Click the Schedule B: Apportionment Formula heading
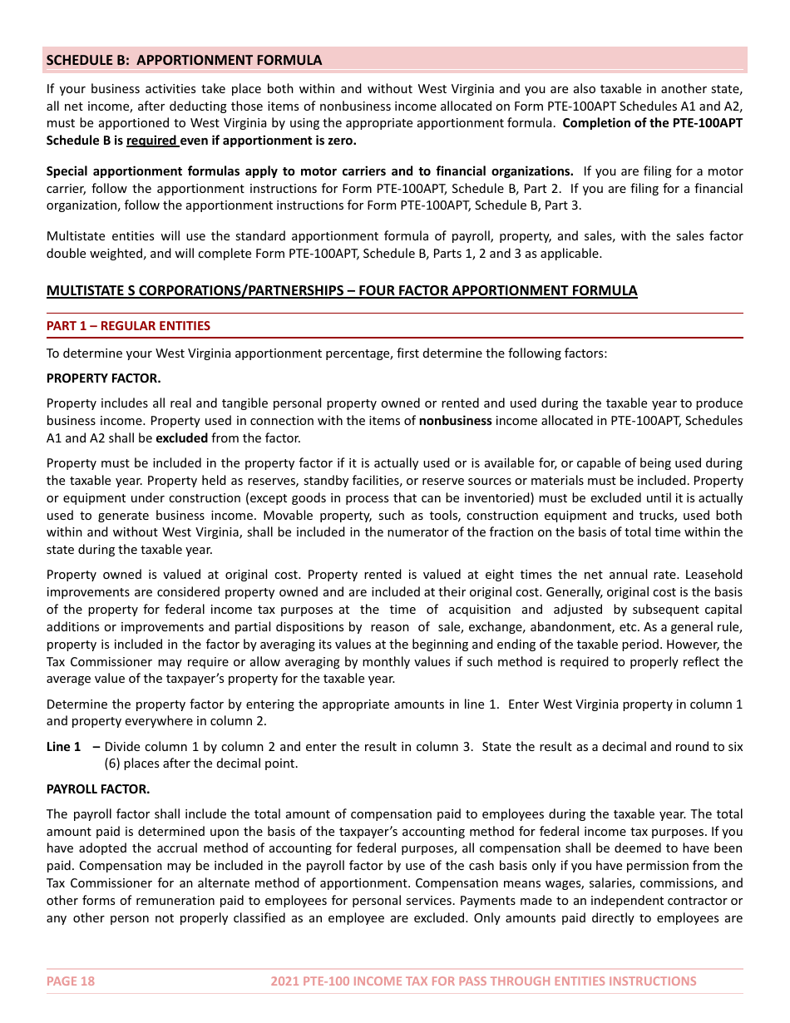tap(184, 60)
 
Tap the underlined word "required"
tap(151, 141)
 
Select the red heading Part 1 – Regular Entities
tap(128, 326)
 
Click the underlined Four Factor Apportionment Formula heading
tap(342, 290)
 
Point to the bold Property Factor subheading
tap(104, 378)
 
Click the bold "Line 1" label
tap(64, 746)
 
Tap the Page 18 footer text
tap(71, 981)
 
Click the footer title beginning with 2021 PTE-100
tap(483, 981)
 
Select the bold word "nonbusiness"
tap(456, 421)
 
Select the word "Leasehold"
tap(714, 575)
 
